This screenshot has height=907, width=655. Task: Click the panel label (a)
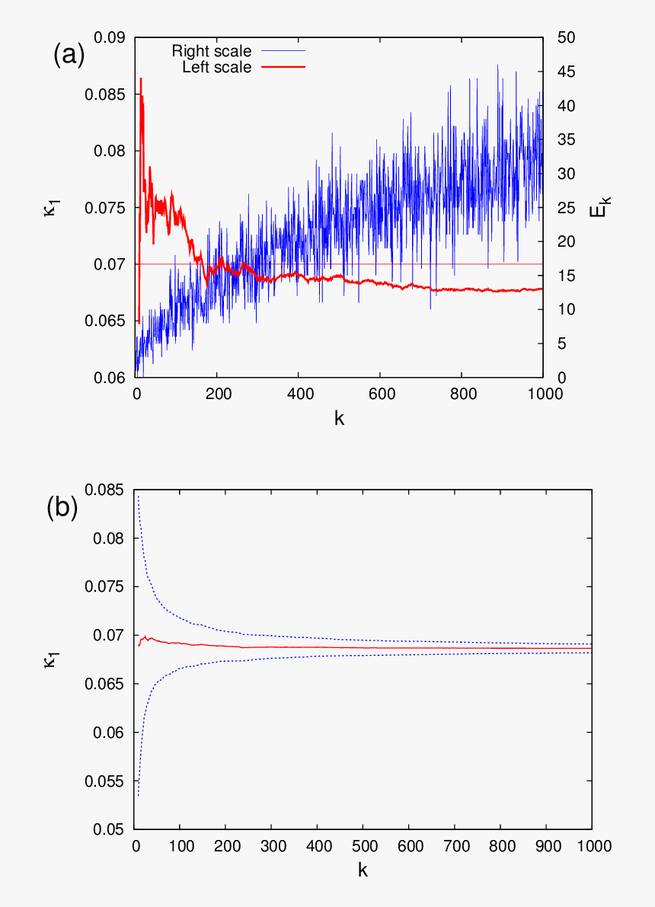(x=69, y=56)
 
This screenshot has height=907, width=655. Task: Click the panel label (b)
(x=62, y=508)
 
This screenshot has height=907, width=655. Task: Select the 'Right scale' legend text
(x=211, y=52)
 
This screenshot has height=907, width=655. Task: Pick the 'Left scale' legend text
(x=216, y=68)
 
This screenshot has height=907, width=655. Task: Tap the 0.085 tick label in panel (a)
(x=109, y=94)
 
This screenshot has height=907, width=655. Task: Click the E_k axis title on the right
(x=600, y=207)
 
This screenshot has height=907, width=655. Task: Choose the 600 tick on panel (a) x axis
(x=380, y=394)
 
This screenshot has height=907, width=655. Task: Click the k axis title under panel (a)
(x=339, y=417)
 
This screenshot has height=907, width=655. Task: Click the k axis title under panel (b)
(x=363, y=870)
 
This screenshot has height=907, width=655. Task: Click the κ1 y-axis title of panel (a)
(x=50, y=207)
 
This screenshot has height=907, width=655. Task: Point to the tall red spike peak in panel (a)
(x=141, y=78)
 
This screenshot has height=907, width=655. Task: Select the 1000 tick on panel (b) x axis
(x=590, y=846)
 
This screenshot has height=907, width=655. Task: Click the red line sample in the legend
(x=283, y=68)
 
